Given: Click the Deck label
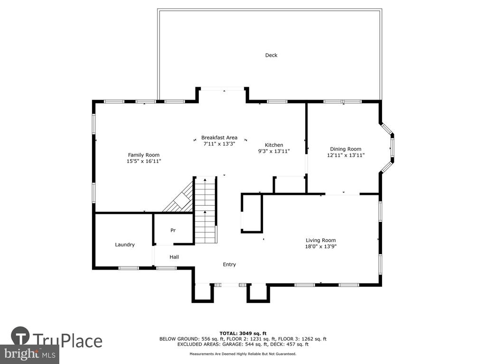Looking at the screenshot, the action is point(271,55).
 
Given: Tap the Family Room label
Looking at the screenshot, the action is point(144,155).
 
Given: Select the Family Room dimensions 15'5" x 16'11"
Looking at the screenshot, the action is point(144,161).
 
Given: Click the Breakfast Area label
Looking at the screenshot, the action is point(219,137).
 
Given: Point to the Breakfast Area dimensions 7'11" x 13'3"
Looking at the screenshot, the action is point(219,144).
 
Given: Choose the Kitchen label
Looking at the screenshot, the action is point(274,145).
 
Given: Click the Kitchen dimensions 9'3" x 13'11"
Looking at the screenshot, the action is point(274,151).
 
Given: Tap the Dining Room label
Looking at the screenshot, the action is point(346,149).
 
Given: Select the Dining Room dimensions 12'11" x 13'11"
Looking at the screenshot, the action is point(346,155).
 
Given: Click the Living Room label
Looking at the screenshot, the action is point(321,240).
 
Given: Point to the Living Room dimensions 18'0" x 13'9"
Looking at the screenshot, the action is point(321,246).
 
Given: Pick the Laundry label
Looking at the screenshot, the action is point(125,245).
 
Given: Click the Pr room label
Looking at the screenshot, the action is point(173,230).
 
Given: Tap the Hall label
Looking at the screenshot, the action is point(174,257).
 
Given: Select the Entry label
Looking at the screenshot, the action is point(229,264).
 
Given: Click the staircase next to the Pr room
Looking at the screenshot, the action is point(205,210).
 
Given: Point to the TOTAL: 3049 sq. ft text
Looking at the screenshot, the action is point(243,333).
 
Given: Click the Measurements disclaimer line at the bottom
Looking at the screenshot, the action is point(243,354).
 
